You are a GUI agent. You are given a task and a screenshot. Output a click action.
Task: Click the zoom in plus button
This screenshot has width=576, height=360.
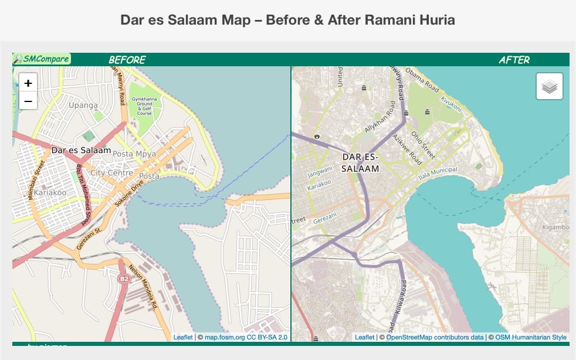click(x=28, y=83)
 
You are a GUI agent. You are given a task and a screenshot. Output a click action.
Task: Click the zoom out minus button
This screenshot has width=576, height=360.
click(x=28, y=101)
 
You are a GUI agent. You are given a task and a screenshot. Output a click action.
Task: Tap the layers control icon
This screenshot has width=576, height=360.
click(x=549, y=87)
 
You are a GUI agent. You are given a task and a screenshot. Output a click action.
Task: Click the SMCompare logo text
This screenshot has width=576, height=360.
click(x=42, y=59)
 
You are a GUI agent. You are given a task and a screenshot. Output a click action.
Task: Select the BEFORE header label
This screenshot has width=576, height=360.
click(x=127, y=60)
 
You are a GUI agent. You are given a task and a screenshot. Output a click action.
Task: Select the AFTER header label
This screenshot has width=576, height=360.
click(x=514, y=60)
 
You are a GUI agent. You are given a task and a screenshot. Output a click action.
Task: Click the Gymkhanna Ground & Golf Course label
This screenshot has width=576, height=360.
click(x=144, y=106)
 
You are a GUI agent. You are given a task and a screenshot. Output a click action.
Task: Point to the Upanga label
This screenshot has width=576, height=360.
click(x=83, y=106)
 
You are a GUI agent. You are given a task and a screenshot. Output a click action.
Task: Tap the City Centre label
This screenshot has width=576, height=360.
click(x=111, y=173)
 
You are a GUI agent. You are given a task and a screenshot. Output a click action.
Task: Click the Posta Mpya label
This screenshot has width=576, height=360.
click(x=131, y=154)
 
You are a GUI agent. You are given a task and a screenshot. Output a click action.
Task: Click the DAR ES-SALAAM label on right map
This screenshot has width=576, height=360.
click(x=361, y=162)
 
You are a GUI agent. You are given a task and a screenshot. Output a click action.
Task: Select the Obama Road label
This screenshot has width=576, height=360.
click(x=422, y=80)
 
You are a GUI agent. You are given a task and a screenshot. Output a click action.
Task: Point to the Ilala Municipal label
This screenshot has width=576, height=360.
click(x=437, y=174)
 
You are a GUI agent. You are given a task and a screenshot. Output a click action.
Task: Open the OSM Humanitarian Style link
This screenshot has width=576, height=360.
click(x=531, y=337)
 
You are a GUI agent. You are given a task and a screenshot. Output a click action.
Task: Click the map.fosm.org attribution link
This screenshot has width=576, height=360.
click(x=246, y=337)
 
